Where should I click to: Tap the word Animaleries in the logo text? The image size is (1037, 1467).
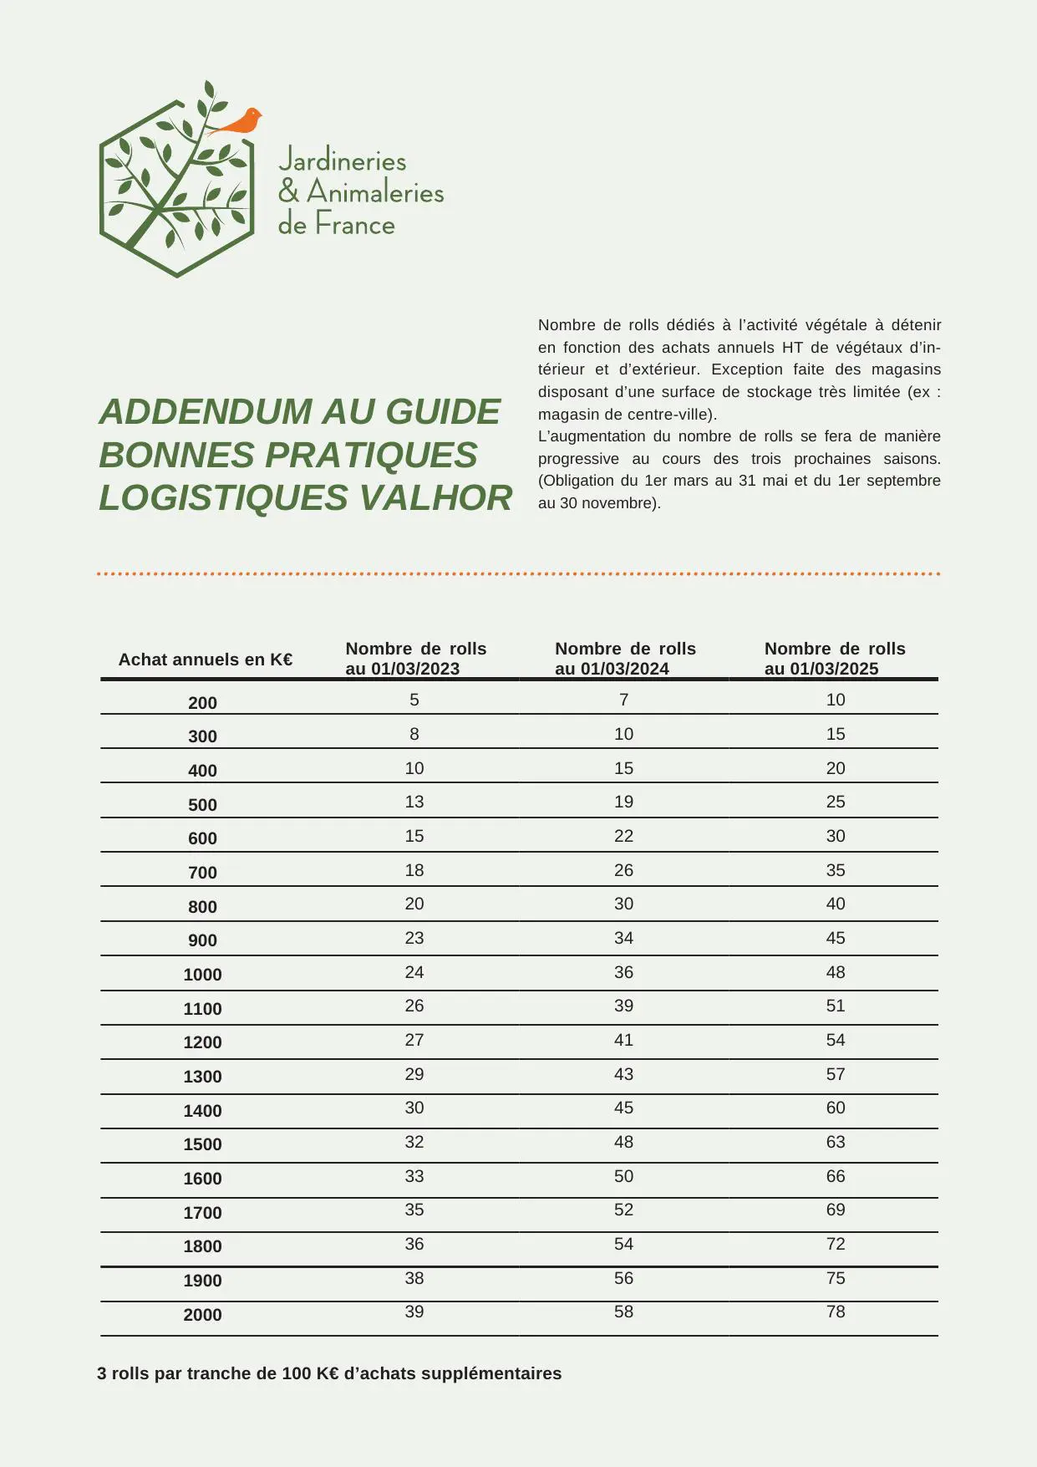click(375, 192)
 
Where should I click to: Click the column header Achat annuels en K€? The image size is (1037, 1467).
click(206, 660)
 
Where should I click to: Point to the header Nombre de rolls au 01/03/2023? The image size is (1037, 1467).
click(415, 659)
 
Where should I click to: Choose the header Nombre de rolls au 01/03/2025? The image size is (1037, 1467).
click(835, 659)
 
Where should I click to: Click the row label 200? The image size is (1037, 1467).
click(202, 703)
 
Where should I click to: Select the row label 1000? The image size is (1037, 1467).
click(202, 975)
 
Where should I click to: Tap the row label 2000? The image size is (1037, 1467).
click(202, 1315)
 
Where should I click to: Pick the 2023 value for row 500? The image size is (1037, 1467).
click(414, 802)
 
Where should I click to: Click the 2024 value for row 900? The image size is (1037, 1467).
click(623, 938)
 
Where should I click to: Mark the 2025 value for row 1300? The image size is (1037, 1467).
click(836, 1074)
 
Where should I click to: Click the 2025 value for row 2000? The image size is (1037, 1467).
click(836, 1312)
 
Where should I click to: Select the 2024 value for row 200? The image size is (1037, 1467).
click(623, 700)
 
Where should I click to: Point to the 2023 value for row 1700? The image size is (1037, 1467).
click(414, 1210)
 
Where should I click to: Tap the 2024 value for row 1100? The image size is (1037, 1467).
click(623, 1006)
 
